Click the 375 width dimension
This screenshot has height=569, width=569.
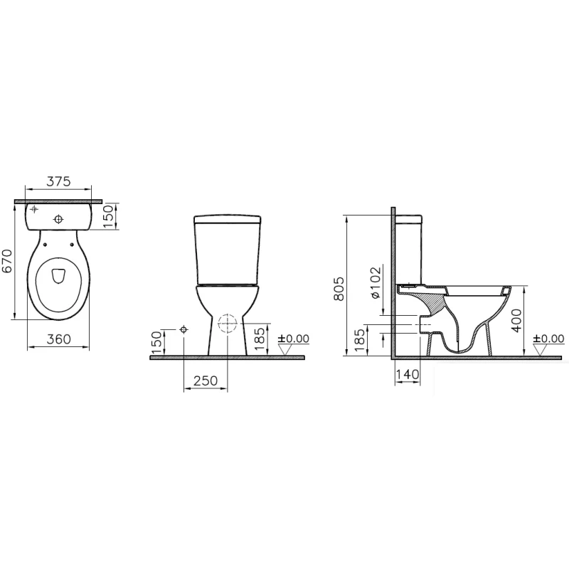(58, 181)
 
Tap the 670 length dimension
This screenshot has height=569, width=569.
(7, 261)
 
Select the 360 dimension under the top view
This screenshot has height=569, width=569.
(58, 339)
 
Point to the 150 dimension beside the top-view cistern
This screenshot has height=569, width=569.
(109, 216)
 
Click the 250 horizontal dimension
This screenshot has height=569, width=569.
(206, 381)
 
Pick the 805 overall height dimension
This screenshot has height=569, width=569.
(339, 289)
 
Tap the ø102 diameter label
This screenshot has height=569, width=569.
(376, 282)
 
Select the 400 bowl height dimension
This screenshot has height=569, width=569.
(516, 321)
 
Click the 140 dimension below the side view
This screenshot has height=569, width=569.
(408, 374)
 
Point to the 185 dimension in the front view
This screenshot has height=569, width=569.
(260, 339)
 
